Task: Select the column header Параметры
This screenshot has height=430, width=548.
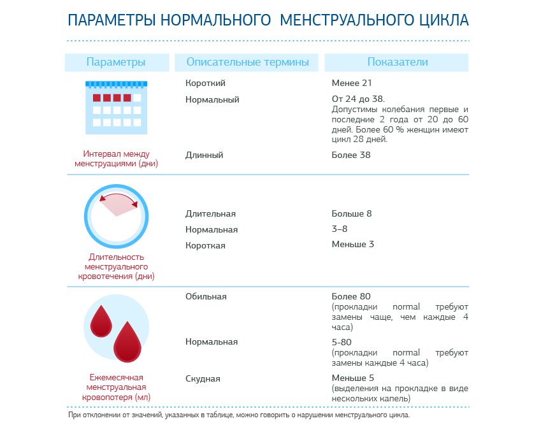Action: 116,62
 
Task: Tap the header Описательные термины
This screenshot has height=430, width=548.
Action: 247,62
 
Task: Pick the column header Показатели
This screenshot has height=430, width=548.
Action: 397,62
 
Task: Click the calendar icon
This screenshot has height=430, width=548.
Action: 116,107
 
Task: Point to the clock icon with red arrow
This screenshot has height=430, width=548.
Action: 116,216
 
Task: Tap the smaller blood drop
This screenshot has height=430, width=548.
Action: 101,320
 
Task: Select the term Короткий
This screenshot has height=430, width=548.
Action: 205,83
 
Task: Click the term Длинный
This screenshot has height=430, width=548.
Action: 204,155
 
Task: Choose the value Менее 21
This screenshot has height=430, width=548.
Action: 352,83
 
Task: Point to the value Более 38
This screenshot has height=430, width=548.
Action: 350,155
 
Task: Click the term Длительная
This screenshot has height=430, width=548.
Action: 210,213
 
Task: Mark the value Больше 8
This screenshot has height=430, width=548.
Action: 351,213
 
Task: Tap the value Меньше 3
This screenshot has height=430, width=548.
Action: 352,244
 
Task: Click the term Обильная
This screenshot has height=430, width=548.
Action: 206,296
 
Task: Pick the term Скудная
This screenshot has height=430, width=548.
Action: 203,378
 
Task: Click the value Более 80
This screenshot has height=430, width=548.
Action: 351,296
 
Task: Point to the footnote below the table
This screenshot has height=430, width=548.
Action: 239,415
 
